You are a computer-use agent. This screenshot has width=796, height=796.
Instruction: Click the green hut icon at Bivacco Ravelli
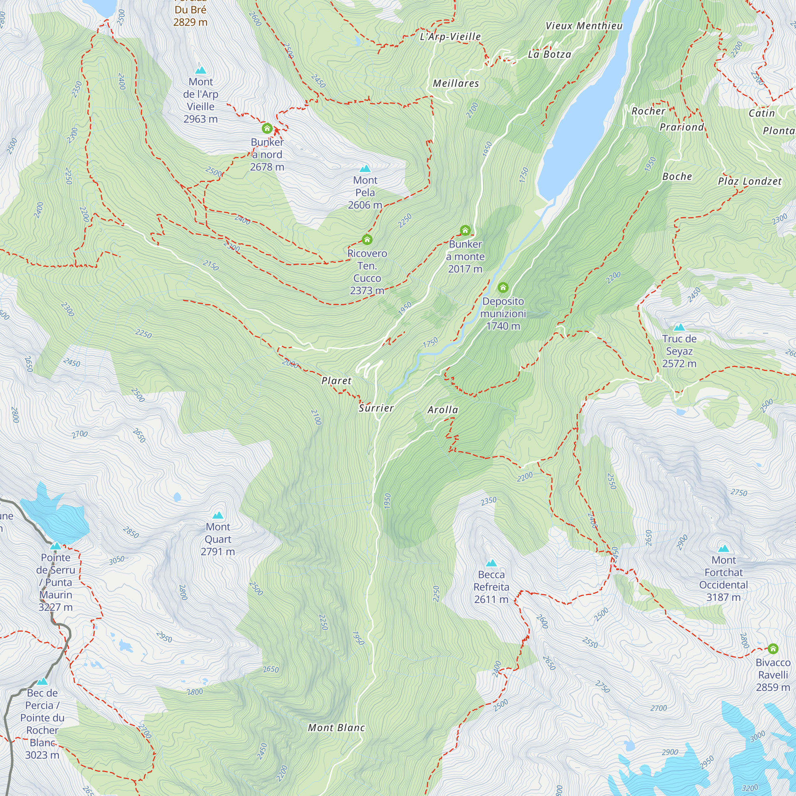pyautogui.click(x=773, y=648)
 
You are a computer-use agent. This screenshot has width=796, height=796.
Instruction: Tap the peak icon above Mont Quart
pyautogui.click(x=218, y=515)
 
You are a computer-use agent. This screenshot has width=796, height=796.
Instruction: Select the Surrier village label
pyautogui.click(x=376, y=408)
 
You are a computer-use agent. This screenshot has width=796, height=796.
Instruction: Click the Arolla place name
pyautogui.click(x=443, y=410)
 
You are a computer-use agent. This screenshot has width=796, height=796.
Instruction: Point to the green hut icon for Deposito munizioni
pyautogui.click(x=503, y=287)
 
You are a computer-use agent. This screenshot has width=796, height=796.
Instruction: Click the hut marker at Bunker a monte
pyautogui.click(x=465, y=230)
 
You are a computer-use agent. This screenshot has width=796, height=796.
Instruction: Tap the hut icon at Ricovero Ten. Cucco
pyautogui.click(x=367, y=239)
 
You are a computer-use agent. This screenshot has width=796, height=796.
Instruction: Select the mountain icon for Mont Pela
pyautogui.click(x=365, y=168)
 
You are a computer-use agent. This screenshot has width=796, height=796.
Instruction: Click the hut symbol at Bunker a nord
pyautogui.click(x=267, y=128)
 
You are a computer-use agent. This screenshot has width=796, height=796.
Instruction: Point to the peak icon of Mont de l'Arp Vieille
pyautogui.click(x=201, y=70)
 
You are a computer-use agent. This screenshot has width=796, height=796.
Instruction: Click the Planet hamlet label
pyautogui.click(x=336, y=381)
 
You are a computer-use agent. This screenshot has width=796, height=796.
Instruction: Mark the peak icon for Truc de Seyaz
pyautogui.click(x=679, y=328)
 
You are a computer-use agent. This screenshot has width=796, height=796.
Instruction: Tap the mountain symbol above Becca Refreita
pyautogui.click(x=491, y=563)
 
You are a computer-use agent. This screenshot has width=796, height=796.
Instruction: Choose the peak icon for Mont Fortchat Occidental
pyautogui.click(x=724, y=549)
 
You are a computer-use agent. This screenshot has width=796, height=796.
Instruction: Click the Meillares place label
pyautogui.click(x=456, y=84)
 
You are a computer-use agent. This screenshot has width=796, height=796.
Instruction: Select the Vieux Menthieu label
pyautogui.click(x=584, y=26)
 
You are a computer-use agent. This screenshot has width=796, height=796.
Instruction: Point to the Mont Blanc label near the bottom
pyautogui.click(x=336, y=728)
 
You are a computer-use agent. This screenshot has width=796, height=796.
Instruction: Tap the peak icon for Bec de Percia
pyautogui.click(x=42, y=681)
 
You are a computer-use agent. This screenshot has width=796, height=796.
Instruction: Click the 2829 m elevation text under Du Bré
pyautogui.click(x=190, y=22)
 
